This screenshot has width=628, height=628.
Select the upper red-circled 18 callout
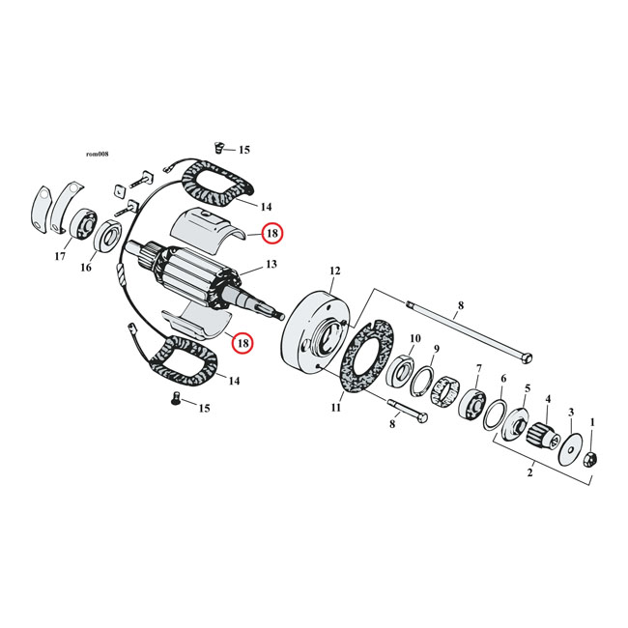coord(272,233)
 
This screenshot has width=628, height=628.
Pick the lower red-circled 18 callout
coord(242,342)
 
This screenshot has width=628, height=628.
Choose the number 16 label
coord(86,268)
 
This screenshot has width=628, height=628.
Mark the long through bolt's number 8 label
coord(460,305)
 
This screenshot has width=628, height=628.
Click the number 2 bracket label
coord(528,473)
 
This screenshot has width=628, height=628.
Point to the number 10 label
coord(415,338)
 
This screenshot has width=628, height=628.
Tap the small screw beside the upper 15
coord(217,148)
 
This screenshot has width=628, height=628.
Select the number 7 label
coord(477,369)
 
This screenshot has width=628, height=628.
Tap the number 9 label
coord(436,349)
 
